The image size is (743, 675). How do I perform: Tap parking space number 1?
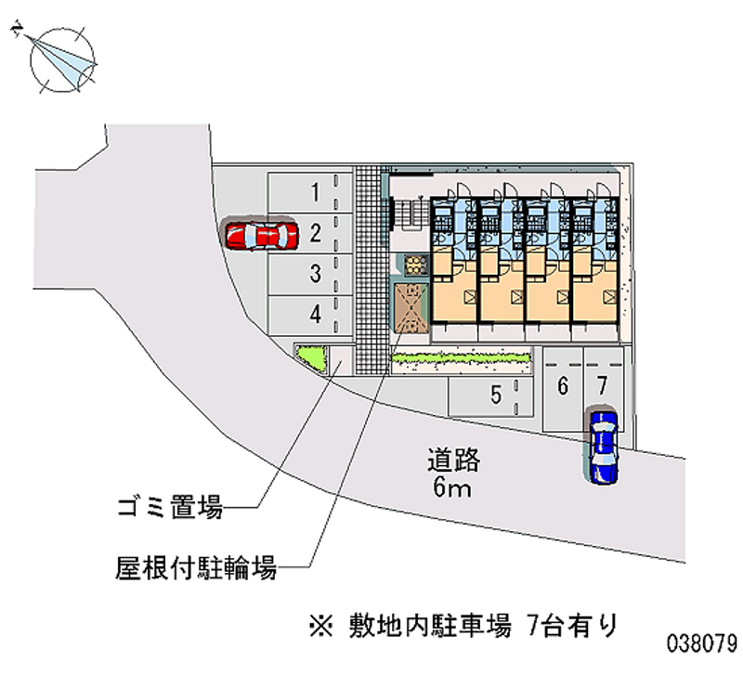[310, 193]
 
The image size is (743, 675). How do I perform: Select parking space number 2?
[310, 234]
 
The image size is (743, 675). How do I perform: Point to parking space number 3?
[310, 275]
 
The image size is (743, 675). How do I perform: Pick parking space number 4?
[310, 315]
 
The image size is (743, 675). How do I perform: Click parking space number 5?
[491, 396]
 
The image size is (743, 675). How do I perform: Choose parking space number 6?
[563, 388]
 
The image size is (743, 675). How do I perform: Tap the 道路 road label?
[453, 461]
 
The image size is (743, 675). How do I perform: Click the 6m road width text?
[452, 487]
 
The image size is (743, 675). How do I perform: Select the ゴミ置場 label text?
[170, 507]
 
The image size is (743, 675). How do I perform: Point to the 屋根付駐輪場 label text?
[196, 567]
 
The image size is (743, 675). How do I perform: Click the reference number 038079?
[702, 643]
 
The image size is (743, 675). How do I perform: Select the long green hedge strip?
[460, 358]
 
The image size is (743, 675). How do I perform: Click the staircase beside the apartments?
[410, 214]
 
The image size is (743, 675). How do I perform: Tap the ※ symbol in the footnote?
[321, 626]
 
